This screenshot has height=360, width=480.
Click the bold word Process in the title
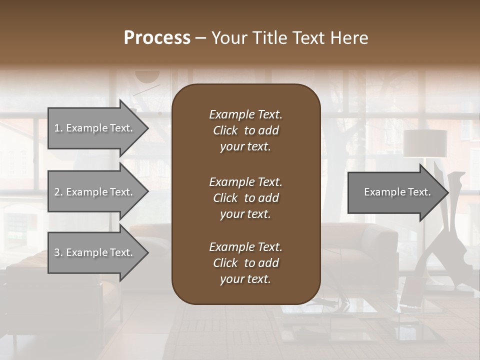pos(157,38)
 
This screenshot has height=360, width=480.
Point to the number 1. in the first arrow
pos(58,128)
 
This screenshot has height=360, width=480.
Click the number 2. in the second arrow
pos(58,192)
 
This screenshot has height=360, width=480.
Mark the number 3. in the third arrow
pos(58,252)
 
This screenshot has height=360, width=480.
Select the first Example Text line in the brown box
pos(245,114)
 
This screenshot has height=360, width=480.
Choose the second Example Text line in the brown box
pos(245,182)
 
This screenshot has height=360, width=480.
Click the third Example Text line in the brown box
pos(245,247)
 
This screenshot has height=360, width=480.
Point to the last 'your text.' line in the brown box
pos(245,279)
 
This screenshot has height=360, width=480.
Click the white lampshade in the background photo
pos(425,143)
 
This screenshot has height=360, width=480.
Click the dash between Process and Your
pos(201,38)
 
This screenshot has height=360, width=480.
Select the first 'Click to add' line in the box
pos(245,130)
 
